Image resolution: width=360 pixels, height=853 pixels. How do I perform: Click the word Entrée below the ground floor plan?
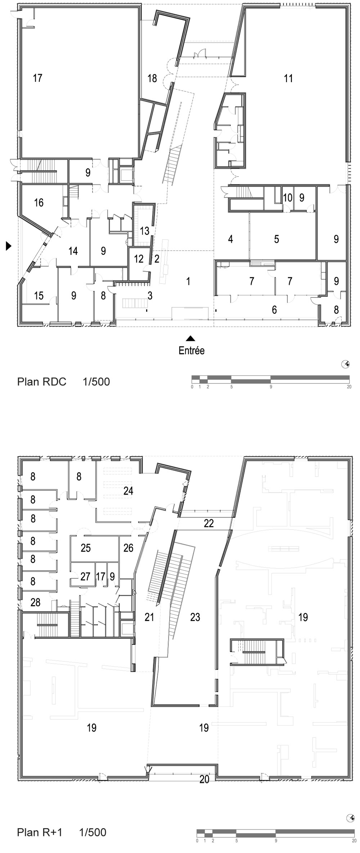[x=192, y=350]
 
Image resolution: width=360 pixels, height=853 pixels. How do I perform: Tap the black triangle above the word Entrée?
[x=190, y=338]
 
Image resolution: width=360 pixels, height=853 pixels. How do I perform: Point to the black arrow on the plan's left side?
[x=9, y=246]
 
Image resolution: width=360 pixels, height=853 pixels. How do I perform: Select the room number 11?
[x=288, y=78]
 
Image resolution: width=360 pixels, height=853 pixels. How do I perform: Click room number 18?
[x=152, y=78]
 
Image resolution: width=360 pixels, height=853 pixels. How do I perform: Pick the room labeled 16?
[x=39, y=202]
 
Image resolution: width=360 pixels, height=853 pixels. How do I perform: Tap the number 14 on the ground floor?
[x=73, y=251]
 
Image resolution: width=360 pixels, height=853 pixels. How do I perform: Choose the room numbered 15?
[x=39, y=296]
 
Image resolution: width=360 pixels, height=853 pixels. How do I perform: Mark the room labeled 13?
[x=144, y=231]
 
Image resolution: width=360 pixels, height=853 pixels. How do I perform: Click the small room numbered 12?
[x=139, y=259]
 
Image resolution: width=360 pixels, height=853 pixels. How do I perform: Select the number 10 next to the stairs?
[x=287, y=197]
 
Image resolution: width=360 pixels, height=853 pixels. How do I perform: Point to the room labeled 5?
[x=276, y=239]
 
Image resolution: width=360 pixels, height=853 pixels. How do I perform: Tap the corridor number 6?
[x=274, y=310]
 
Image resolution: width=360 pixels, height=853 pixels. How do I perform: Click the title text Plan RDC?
[x=42, y=382]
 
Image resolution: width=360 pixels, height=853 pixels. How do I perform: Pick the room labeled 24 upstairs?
[x=128, y=491]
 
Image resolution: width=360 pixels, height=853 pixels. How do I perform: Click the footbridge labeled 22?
[x=209, y=523]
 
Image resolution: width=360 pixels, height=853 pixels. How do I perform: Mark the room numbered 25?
[x=86, y=548]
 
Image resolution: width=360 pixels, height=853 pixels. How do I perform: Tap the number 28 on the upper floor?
[x=35, y=602]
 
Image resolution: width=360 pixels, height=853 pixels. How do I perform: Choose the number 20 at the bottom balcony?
[x=204, y=779]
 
